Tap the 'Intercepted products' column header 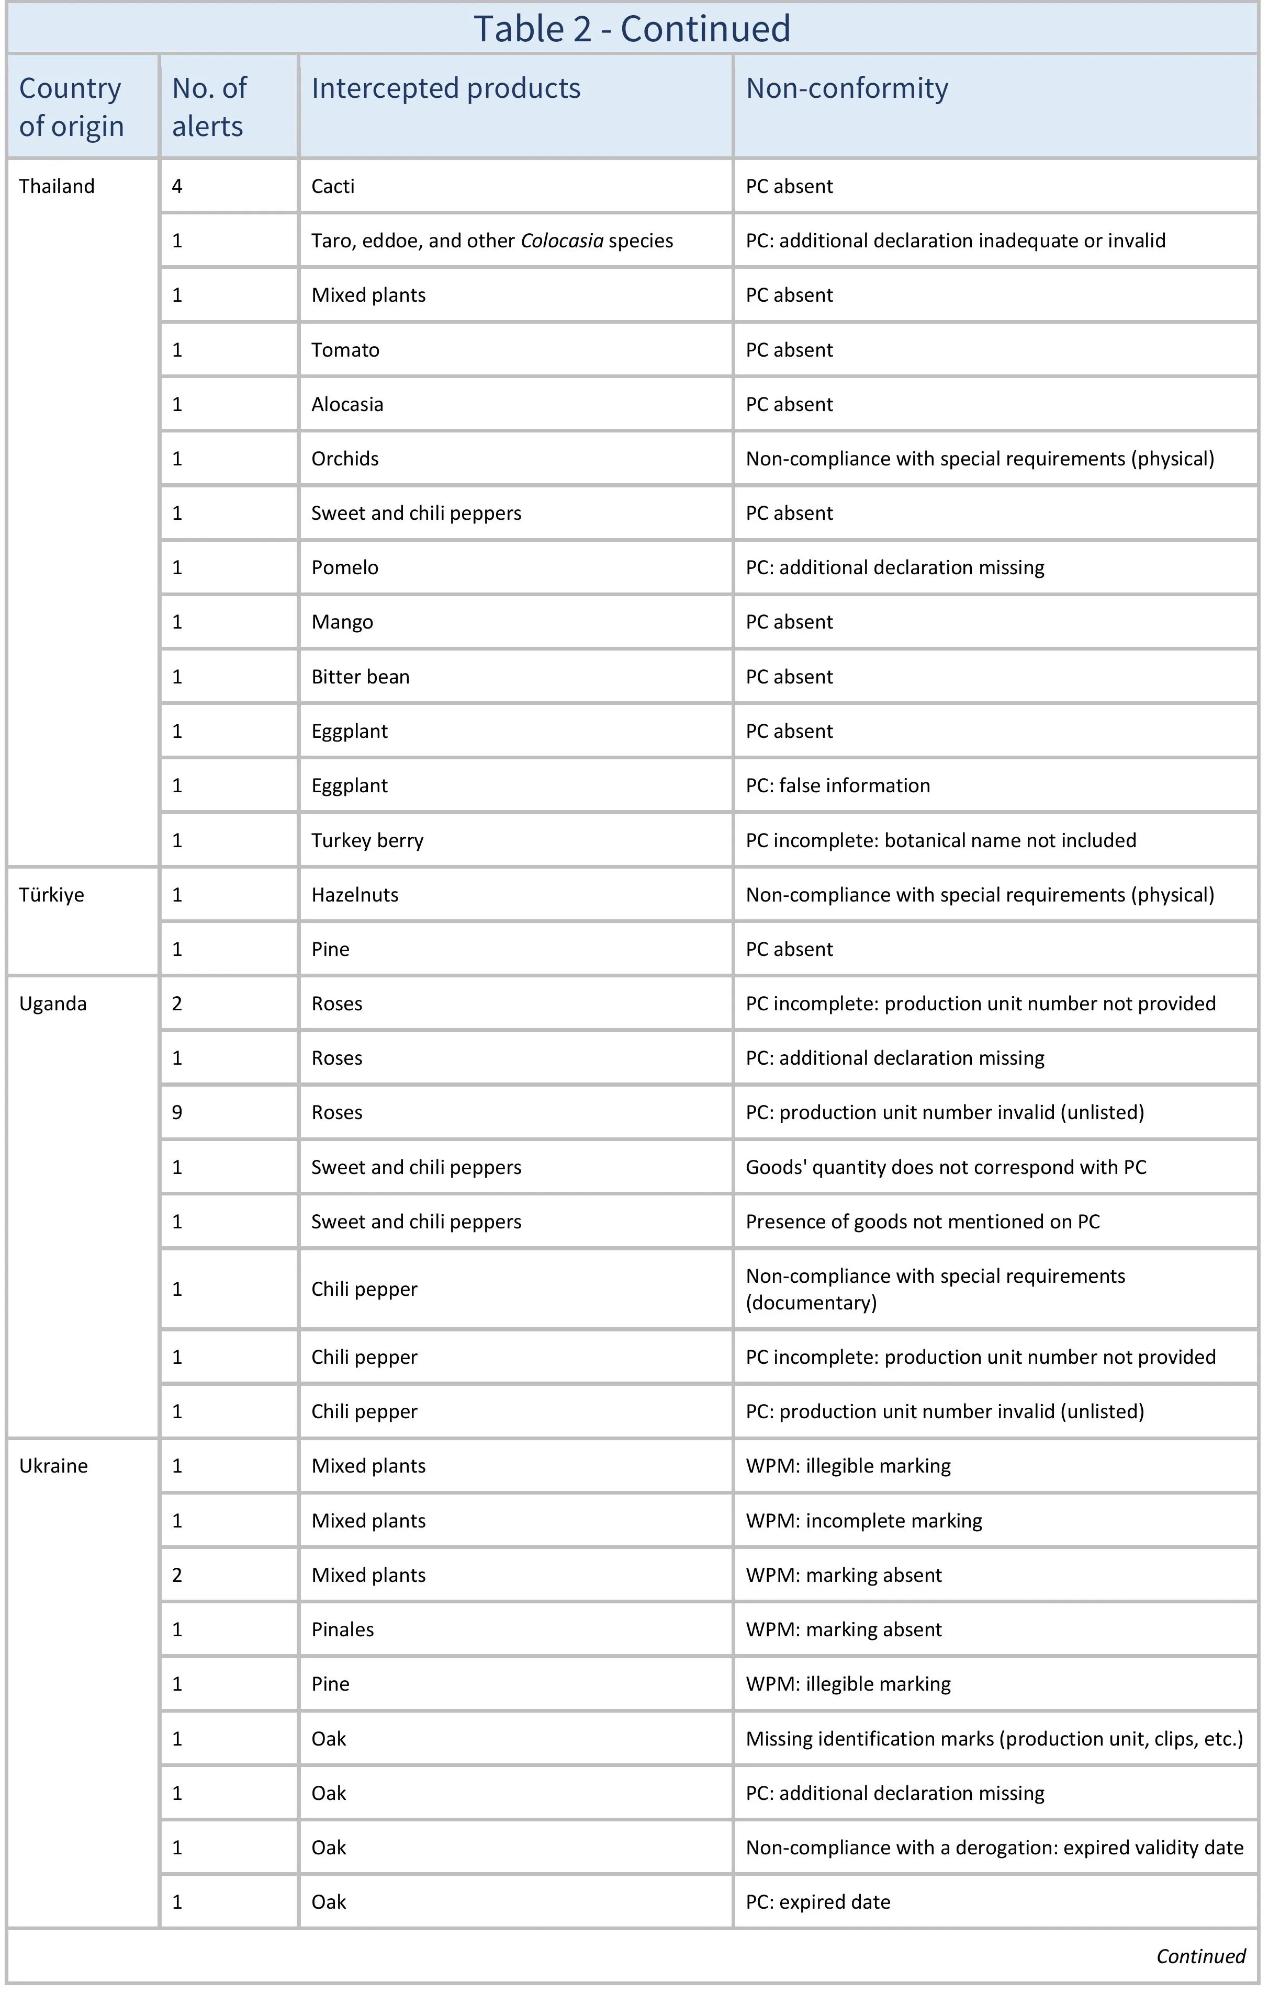[x=445, y=89]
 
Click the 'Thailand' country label [x=57, y=186]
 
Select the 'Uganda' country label [x=52, y=1004]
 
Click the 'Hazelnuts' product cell [x=355, y=895]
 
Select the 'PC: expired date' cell [x=817, y=1902]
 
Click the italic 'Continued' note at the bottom [x=1200, y=1956]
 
